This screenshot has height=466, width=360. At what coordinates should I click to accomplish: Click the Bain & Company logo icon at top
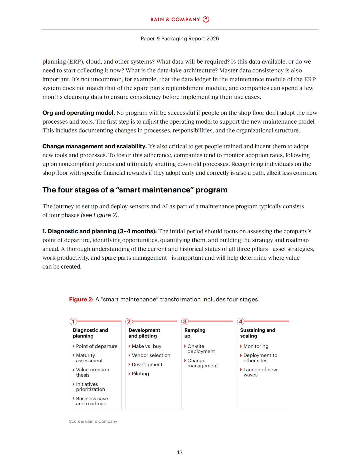coord(206,19)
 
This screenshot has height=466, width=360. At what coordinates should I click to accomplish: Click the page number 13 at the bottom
coord(180,452)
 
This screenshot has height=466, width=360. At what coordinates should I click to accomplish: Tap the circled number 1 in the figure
coord(73,322)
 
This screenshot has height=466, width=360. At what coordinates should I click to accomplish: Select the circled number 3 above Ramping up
coord(185,322)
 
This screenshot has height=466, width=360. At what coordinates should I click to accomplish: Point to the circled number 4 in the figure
coord(241,322)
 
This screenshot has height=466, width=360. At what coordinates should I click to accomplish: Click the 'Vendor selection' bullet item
coord(151,355)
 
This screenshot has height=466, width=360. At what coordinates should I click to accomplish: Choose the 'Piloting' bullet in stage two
coord(140,374)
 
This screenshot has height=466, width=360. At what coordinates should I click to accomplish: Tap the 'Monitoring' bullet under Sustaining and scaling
coord(256,346)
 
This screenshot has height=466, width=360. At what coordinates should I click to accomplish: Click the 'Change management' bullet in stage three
coord(202,363)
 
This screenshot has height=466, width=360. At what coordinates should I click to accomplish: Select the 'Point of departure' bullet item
coord(97,346)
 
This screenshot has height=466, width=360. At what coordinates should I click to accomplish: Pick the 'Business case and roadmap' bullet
coord(92,401)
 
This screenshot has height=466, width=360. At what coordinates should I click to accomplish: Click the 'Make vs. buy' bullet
coord(146,346)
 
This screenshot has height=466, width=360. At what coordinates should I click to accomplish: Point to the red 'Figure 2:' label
coord(81,299)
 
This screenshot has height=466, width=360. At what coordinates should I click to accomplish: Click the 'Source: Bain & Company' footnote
coord(93,421)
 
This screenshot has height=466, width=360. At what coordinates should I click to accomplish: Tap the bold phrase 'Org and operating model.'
coord(78,113)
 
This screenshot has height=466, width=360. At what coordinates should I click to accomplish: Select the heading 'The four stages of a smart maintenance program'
coord(135,190)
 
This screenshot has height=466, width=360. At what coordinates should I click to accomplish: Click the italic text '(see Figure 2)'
coord(100,215)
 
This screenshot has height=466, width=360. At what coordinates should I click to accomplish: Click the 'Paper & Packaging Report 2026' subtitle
coord(180,39)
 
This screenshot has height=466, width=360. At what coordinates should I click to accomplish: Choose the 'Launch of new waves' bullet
coord(260,372)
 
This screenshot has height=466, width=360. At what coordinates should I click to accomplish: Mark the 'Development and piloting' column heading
coord(144,333)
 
